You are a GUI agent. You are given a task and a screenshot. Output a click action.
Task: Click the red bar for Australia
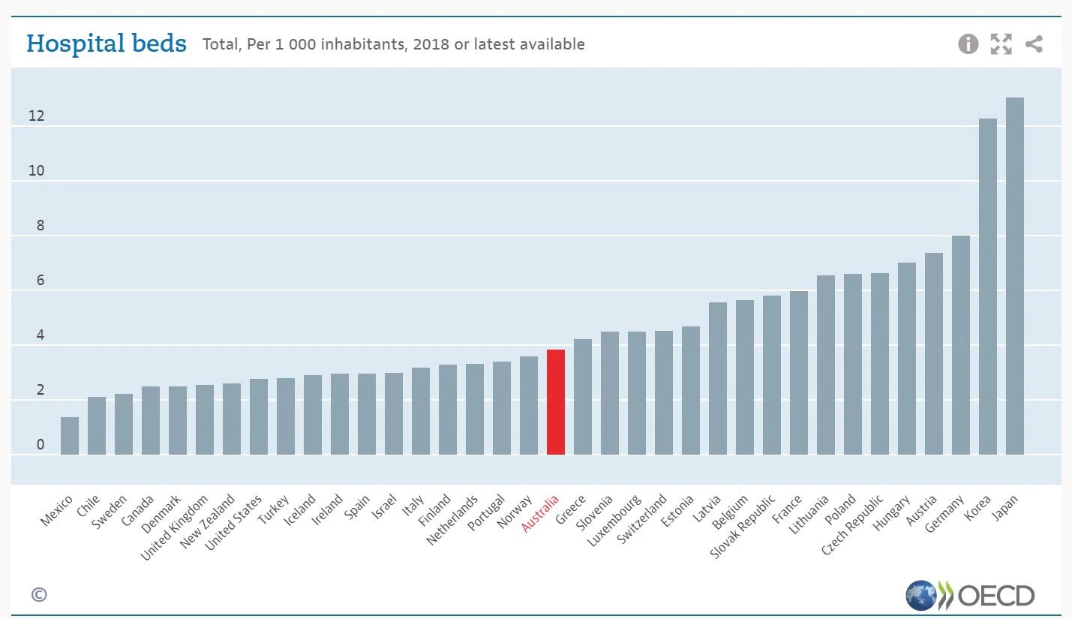556,401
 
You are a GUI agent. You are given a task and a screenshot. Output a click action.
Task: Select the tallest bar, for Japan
1014,276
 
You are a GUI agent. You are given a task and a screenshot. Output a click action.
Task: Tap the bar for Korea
988,287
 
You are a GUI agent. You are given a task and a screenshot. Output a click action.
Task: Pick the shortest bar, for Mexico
70,436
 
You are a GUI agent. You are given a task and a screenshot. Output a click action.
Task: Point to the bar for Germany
961,344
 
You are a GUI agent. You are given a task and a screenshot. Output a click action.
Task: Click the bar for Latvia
718,378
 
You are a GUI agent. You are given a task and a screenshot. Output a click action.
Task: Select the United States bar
258,416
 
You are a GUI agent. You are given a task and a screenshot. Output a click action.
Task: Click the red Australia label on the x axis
540,514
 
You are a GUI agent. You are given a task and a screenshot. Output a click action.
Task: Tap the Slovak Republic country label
742,527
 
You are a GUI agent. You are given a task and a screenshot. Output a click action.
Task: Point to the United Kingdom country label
174,527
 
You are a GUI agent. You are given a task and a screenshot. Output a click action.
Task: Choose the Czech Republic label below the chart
852,525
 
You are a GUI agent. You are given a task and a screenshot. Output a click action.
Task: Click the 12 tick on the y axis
36,116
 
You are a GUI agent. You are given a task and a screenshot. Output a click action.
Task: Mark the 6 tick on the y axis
41,280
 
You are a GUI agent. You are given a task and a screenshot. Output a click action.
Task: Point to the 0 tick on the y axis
41,444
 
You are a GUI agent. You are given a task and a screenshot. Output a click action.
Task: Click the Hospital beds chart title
107,44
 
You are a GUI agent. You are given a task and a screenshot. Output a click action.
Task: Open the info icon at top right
968,44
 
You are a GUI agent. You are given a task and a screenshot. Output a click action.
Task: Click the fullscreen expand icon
1001,44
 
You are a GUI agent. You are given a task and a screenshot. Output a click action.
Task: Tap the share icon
1034,44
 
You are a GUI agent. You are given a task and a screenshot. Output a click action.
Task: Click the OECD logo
970,596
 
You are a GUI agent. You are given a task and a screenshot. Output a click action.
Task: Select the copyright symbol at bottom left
39,594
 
